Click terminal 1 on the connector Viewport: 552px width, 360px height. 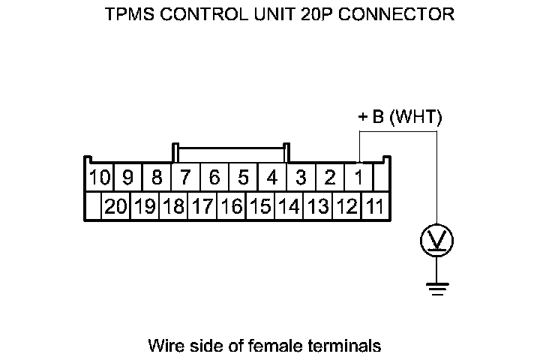pos(358,178)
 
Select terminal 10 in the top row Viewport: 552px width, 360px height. pos(99,178)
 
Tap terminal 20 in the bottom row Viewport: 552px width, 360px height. pos(116,206)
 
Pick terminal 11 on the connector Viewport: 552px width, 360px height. pos(375,206)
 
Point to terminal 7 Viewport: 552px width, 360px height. pos(185,178)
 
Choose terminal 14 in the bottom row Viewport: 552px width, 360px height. pos(289,206)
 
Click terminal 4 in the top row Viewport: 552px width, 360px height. pos(272,178)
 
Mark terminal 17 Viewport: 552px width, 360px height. pos(202,206)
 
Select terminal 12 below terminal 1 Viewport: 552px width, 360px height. pos(346,206)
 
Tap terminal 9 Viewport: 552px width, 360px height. pos(127,178)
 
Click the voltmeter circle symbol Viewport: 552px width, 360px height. pos(436,241)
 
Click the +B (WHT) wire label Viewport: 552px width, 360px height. pos(400,118)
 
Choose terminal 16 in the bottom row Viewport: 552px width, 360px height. pos(231,206)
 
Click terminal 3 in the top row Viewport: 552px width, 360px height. pos(301,178)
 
